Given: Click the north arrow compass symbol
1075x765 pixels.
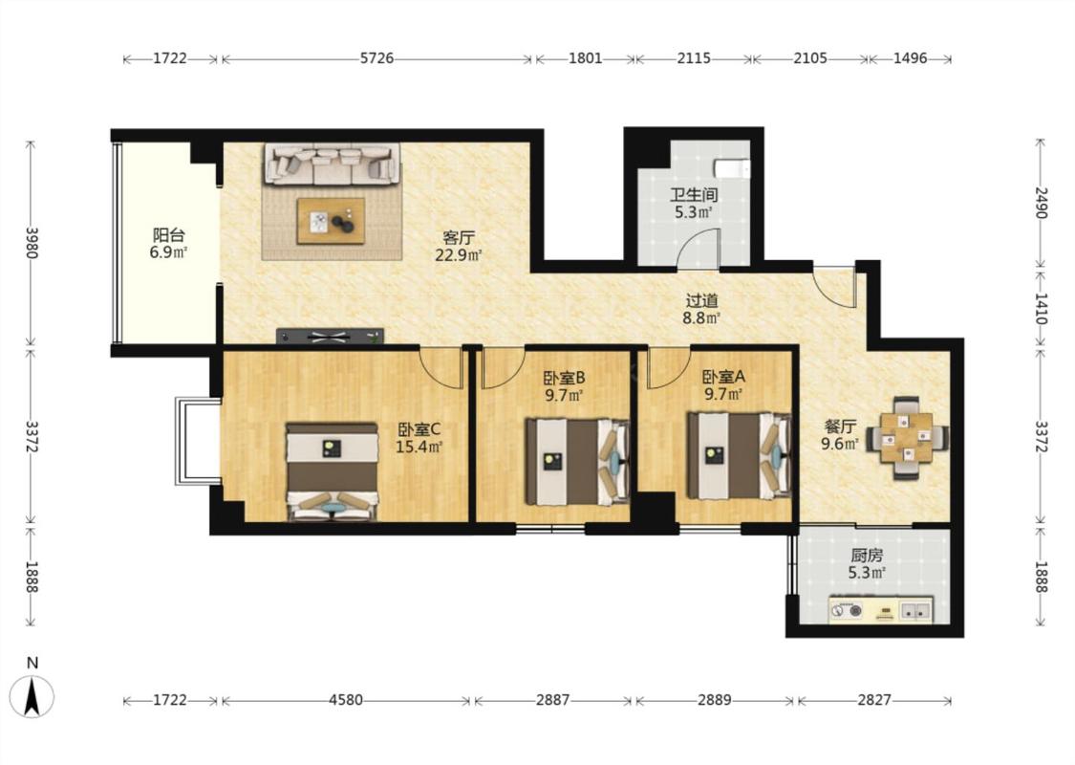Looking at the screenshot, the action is click(32, 694).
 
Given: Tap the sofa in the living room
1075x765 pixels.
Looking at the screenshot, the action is click(333, 164).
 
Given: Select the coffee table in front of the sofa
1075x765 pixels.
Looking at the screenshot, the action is click(331, 221).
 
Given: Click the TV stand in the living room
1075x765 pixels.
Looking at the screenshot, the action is click(330, 337).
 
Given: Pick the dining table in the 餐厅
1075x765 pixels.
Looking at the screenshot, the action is click(908, 437).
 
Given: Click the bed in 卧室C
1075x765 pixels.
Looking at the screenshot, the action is click(333, 472).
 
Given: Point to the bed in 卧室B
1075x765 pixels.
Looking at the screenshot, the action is click(577, 461).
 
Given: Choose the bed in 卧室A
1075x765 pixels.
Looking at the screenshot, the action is click(740, 455).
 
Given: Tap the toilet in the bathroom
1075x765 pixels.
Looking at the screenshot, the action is click(732, 168).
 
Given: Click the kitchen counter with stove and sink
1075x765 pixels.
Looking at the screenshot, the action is click(880, 609).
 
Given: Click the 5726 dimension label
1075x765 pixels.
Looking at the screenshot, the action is click(377, 58).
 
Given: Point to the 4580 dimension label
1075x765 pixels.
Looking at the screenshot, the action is click(346, 701).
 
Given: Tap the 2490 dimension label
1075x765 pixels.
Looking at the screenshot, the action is click(1042, 203).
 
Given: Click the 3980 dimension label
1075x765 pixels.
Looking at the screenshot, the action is click(32, 243).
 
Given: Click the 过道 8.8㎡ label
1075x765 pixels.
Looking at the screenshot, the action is click(701, 309).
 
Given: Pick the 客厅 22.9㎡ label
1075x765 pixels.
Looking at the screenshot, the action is click(459, 247).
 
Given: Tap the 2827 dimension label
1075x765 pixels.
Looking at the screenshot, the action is click(874, 701).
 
